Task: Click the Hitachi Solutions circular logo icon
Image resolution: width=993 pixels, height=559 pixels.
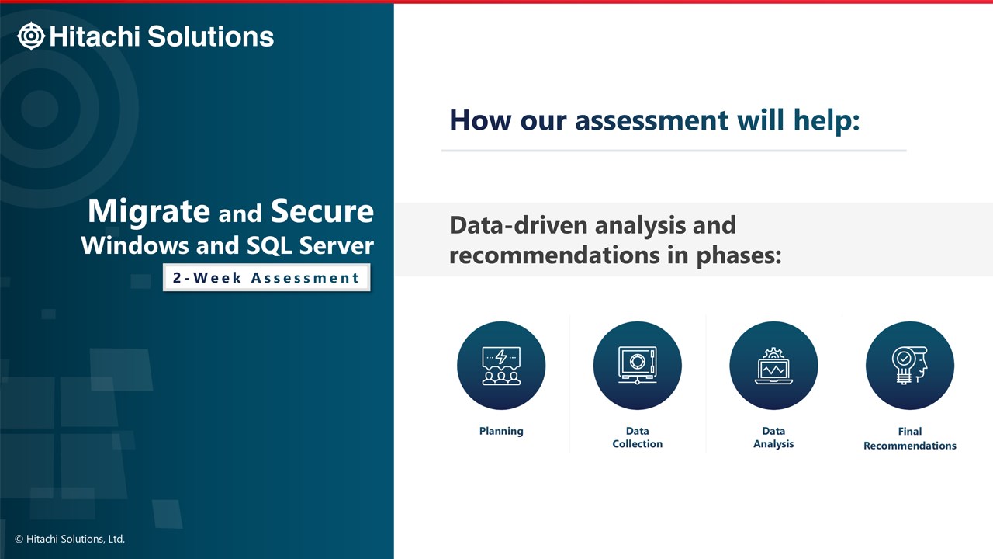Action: click(31, 36)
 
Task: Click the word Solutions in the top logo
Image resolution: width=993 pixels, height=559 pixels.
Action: click(210, 36)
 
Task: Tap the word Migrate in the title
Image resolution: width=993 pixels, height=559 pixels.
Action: click(149, 212)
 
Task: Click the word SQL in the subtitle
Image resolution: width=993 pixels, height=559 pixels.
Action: click(269, 246)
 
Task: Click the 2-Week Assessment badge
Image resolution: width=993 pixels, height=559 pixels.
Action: click(266, 278)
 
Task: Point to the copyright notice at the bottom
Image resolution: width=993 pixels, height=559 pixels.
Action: click(70, 539)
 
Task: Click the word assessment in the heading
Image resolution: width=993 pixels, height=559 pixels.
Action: click(651, 120)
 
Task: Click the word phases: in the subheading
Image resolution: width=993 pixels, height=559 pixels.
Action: click(739, 256)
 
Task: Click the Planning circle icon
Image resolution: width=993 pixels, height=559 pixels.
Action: click(501, 366)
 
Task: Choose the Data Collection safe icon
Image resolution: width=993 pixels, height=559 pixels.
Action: click(638, 366)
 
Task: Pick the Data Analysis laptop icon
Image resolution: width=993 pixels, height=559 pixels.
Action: click(773, 366)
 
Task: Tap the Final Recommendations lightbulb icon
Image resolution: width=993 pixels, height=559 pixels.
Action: click(910, 366)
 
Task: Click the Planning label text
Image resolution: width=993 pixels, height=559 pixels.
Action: click(501, 431)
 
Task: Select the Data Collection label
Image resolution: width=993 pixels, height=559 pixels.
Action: click(638, 437)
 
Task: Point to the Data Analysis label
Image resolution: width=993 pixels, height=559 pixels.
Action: click(773, 437)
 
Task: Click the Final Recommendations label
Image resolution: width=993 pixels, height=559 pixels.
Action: click(910, 439)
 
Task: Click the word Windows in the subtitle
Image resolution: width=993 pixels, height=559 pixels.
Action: click(135, 246)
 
